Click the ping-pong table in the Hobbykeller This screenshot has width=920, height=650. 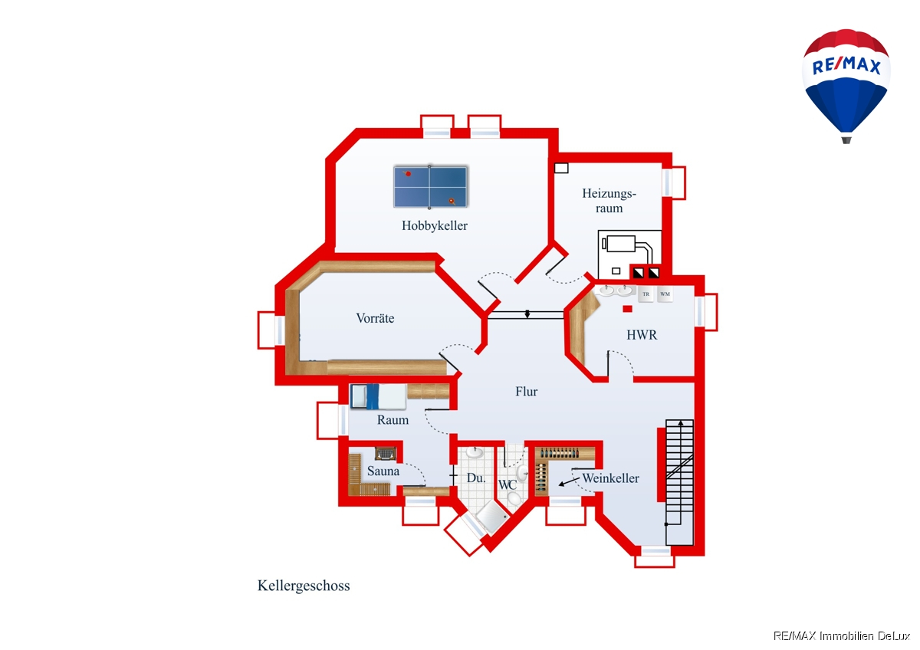430,187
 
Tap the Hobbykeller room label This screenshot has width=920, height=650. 435,226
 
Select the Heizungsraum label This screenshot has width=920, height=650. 609,201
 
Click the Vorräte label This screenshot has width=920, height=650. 375,318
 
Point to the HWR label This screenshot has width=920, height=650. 642,335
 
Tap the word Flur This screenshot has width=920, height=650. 527,392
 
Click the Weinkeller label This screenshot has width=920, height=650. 611,478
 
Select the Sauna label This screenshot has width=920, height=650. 383,471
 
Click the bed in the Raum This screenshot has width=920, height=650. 378,396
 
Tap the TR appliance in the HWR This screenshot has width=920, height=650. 646,294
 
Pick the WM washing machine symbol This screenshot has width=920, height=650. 665,294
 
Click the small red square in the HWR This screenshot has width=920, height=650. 627,309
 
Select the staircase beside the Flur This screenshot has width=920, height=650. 679,481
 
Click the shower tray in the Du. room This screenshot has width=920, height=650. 491,517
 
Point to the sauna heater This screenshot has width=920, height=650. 385,454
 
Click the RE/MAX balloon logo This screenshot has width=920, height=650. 846,86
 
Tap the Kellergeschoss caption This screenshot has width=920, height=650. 304,586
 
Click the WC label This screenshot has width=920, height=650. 508,485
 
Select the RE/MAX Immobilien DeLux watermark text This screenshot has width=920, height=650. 842,636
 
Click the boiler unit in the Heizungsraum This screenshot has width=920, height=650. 629,254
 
